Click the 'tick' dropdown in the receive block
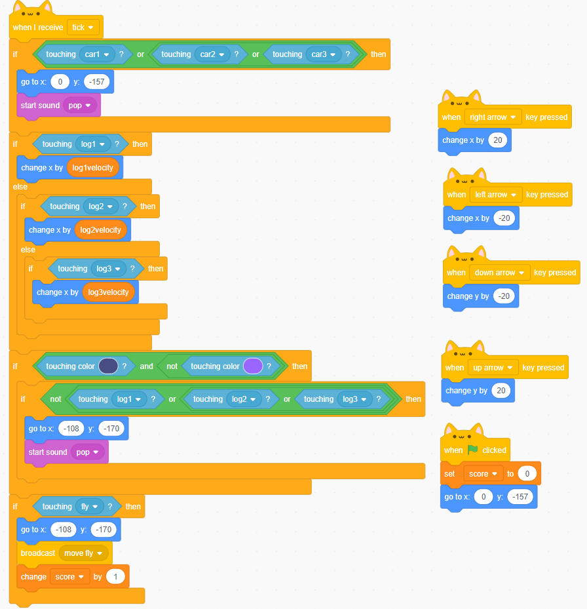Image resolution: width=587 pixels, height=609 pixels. tap(83, 28)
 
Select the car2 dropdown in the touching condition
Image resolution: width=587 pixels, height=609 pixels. tap(212, 54)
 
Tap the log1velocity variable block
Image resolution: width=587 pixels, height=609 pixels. tap(93, 167)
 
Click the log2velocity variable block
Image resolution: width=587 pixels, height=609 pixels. tap(101, 230)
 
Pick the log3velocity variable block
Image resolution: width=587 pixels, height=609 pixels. tap(109, 292)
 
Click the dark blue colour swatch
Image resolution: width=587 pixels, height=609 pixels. tap(108, 366)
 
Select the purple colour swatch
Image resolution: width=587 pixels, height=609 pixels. tap(253, 366)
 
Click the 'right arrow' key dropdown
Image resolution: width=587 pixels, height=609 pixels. tap(493, 117)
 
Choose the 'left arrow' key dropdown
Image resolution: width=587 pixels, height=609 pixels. tap(495, 195)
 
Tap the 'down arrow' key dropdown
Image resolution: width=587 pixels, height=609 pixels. tap(499, 273)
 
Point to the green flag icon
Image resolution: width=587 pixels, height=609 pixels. tap(473, 450)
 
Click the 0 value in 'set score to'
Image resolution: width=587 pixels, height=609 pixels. tap(527, 474)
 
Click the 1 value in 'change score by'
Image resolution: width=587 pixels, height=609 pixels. tap(117, 577)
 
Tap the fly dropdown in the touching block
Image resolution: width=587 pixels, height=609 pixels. tap(89, 507)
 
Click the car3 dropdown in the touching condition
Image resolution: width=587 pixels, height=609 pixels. tap(323, 54)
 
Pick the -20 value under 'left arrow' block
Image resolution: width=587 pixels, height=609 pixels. tap(504, 218)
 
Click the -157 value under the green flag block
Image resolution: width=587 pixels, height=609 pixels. tap(521, 497)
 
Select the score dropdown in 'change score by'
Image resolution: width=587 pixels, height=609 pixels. tap(69, 577)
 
